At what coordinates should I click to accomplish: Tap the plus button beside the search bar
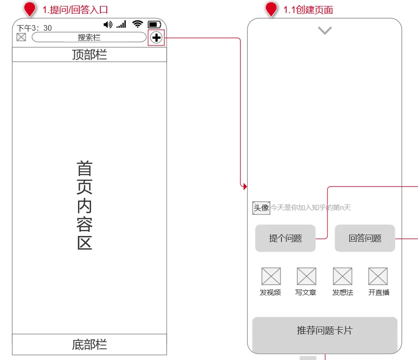pyautogui.click(x=157, y=38)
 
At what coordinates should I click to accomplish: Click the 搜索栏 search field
pyautogui.click(x=89, y=38)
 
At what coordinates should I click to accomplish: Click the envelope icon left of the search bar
pyautogui.click(x=21, y=37)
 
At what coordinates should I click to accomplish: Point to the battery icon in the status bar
pyautogui.click(x=154, y=24)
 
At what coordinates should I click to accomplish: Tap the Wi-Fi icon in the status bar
pyautogui.click(x=137, y=24)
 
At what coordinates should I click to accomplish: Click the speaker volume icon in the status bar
pyautogui.click(x=108, y=24)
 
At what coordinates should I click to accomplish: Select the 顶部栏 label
pyautogui.click(x=89, y=55)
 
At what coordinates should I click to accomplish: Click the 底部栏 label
pyautogui.click(x=89, y=345)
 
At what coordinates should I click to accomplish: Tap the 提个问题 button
pyautogui.click(x=285, y=238)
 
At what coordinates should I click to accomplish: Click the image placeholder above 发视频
pyautogui.click(x=271, y=276)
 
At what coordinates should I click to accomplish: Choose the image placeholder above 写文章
pyautogui.click(x=307, y=276)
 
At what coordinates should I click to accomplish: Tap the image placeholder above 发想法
pyautogui.click(x=342, y=276)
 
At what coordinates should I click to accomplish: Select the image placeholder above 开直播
pyautogui.click(x=378, y=276)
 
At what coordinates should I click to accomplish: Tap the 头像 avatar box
pyautogui.click(x=261, y=208)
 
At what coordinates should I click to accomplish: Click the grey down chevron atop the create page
pyautogui.click(x=325, y=31)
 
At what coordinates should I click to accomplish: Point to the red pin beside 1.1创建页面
pyautogui.click(x=271, y=9)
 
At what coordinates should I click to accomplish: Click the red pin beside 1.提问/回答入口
pyautogui.click(x=30, y=9)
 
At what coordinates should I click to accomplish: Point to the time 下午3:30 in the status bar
pyautogui.click(x=34, y=28)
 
